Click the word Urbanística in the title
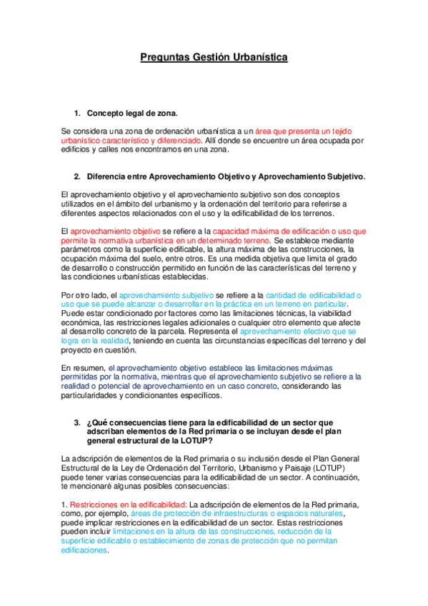point(258,56)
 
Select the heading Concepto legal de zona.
point(132,113)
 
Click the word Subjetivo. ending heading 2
point(344,176)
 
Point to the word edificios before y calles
point(76,150)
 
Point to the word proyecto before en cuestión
point(78,350)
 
